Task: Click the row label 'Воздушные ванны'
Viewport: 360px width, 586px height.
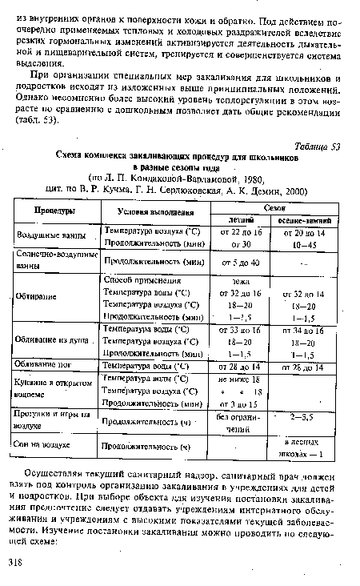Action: tap(50, 238)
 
